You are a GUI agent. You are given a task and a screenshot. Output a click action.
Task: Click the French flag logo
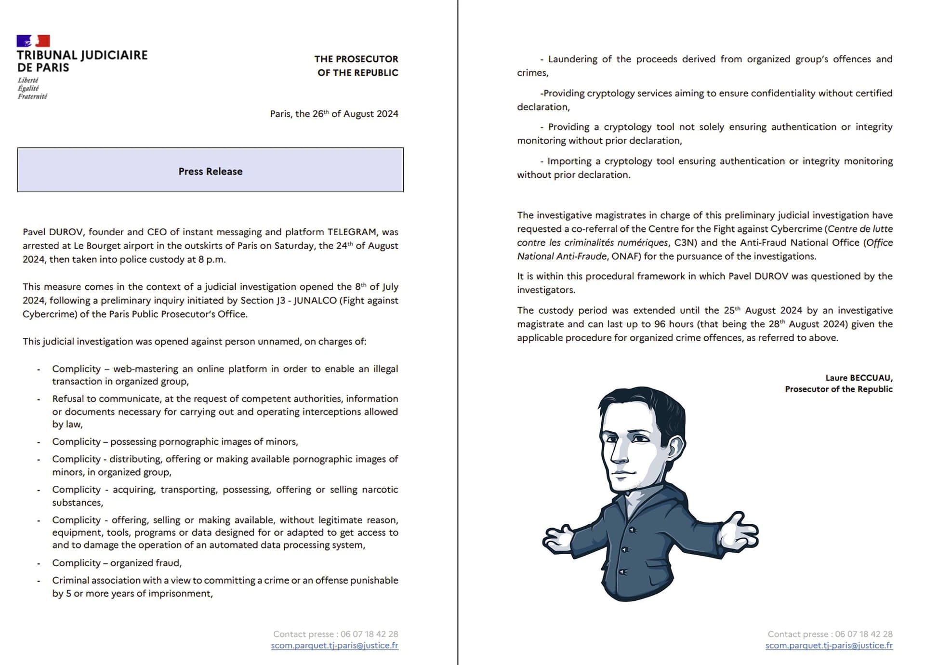(x=33, y=40)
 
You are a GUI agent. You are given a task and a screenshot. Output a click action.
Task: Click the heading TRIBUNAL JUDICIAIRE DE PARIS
(x=82, y=61)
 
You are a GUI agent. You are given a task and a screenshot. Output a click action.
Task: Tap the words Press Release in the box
(x=211, y=172)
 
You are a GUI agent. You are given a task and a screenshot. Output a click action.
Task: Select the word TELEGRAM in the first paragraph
(x=352, y=232)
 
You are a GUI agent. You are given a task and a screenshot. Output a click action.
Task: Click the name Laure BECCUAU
(x=859, y=378)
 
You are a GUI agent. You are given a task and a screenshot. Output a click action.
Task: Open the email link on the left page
(x=334, y=645)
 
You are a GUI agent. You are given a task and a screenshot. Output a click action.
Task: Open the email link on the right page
(x=829, y=645)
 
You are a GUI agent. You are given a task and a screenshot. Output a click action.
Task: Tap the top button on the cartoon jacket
(x=632, y=530)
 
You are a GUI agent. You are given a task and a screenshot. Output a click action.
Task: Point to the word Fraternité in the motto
(x=32, y=96)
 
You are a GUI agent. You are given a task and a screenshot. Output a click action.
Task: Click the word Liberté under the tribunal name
(x=28, y=80)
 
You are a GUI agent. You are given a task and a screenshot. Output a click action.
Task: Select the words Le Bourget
(x=93, y=246)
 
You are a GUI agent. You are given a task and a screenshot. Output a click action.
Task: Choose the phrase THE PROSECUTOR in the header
(x=356, y=59)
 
